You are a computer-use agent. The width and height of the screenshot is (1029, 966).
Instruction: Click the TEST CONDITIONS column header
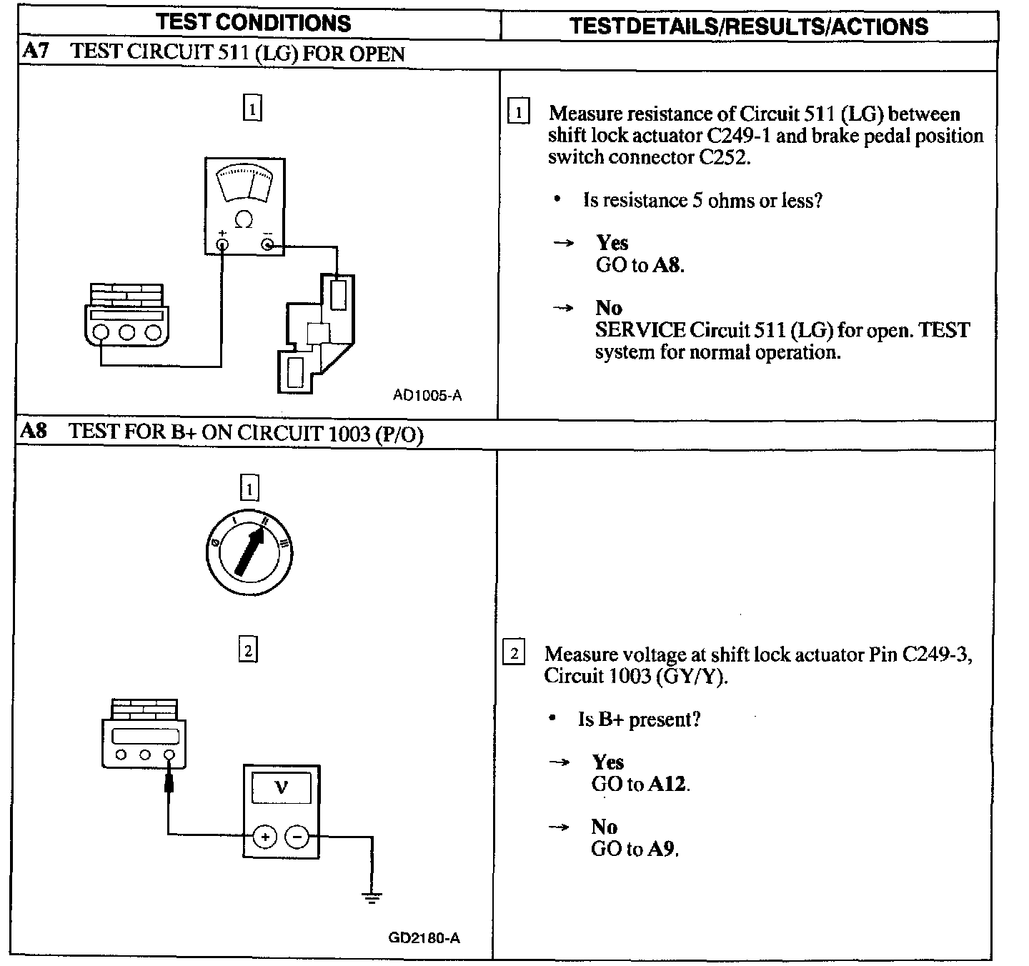[x=254, y=22]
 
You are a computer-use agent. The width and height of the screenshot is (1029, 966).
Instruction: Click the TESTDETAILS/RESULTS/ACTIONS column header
[x=748, y=26]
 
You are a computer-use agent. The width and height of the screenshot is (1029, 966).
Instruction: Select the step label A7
[x=35, y=51]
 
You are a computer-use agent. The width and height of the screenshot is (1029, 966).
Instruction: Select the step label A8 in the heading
[x=34, y=431]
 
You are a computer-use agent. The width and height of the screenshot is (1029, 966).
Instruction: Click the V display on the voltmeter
[x=281, y=789]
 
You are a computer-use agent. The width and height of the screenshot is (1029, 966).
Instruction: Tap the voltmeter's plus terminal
[x=264, y=835]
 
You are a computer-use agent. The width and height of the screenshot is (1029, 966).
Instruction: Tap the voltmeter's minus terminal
[x=297, y=835]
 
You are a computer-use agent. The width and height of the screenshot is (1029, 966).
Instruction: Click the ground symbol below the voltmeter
[x=372, y=897]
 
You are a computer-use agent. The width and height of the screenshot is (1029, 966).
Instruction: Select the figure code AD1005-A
[x=427, y=395]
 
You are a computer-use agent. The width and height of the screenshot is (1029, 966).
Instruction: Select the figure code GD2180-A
[x=424, y=937]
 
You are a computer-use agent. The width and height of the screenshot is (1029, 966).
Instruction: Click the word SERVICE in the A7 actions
[x=640, y=330]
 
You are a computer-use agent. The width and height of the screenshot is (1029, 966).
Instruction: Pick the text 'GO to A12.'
[x=640, y=784]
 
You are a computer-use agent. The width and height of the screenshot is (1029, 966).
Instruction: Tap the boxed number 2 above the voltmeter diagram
[x=247, y=651]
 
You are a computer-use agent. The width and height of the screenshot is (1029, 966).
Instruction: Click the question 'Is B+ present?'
[x=639, y=719]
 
